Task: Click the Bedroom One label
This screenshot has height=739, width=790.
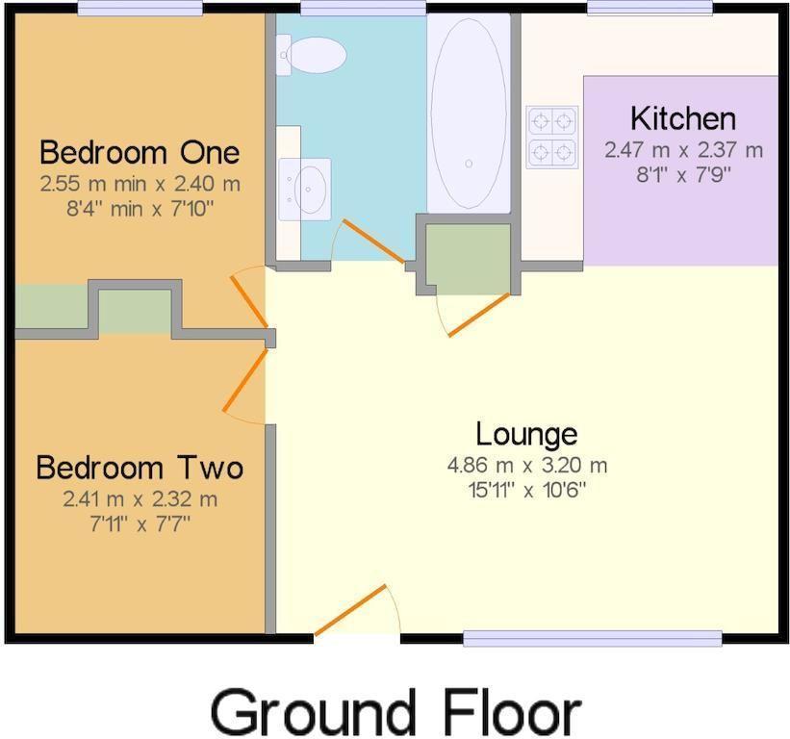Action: (x=140, y=152)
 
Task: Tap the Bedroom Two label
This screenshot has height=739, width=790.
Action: (x=140, y=468)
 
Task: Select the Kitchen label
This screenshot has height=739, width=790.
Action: (x=683, y=118)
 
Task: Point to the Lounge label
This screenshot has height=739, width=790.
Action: (x=526, y=434)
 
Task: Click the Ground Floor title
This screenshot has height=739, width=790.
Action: (x=395, y=713)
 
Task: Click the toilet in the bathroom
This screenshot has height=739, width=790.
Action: (x=311, y=55)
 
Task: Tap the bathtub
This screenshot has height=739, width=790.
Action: (x=469, y=113)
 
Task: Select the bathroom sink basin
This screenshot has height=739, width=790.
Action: (x=305, y=190)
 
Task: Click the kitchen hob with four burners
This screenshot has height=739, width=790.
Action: (x=552, y=137)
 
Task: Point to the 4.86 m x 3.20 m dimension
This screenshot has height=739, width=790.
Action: (x=527, y=465)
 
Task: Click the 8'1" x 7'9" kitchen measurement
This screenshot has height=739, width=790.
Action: (x=683, y=175)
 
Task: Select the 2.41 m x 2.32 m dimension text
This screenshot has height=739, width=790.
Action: (x=140, y=499)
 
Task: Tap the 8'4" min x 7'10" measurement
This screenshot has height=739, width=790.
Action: (x=140, y=208)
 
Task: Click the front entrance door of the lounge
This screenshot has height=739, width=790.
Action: (x=350, y=610)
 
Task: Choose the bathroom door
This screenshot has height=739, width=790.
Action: (x=373, y=241)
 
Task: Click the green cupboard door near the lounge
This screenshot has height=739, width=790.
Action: (x=479, y=315)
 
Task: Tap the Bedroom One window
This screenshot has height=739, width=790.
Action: (x=140, y=8)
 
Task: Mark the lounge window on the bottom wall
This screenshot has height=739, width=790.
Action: (x=593, y=638)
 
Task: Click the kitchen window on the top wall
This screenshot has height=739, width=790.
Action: (x=650, y=8)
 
